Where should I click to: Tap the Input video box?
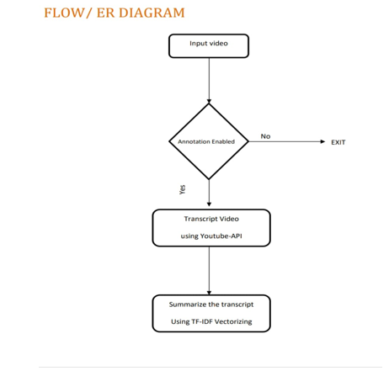[x=209, y=46]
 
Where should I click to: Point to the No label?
[x=265, y=136]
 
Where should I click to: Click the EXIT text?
[x=338, y=142]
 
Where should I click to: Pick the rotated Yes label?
[x=183, y=189]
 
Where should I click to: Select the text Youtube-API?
[x=221, y=236]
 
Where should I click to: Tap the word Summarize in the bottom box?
[x=184, y=305]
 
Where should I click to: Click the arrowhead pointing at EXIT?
[x=322, y=141]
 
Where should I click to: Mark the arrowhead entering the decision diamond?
[x=209, y=101]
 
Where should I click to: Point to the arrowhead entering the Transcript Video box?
[x=209, y=204]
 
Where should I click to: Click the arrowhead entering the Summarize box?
[x=209, y=293]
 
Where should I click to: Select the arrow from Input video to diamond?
[x=209, y=81]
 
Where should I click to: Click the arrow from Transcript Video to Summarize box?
[x=209, y=271]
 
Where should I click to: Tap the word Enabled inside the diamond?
[x=223, y=141]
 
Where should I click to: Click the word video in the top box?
[x=218, y=44]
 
